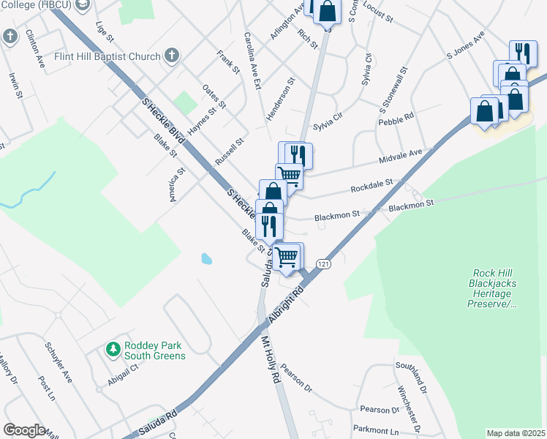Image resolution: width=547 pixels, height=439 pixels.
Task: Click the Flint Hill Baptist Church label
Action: click(106, 56)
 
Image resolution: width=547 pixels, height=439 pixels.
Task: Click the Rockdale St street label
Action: click(371, 184)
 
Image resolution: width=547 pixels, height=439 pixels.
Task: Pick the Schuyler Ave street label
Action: click(59, 361)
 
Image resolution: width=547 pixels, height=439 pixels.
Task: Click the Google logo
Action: click(24, 430)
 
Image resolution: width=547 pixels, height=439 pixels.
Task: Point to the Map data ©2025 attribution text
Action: click(516, 433)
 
